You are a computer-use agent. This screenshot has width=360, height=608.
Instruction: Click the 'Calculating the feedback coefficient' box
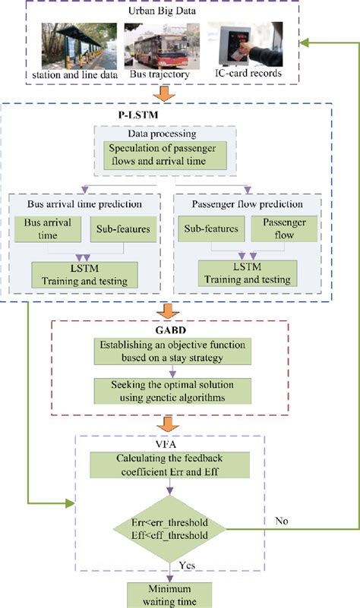pyautogui.click(x=175, y=465)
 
